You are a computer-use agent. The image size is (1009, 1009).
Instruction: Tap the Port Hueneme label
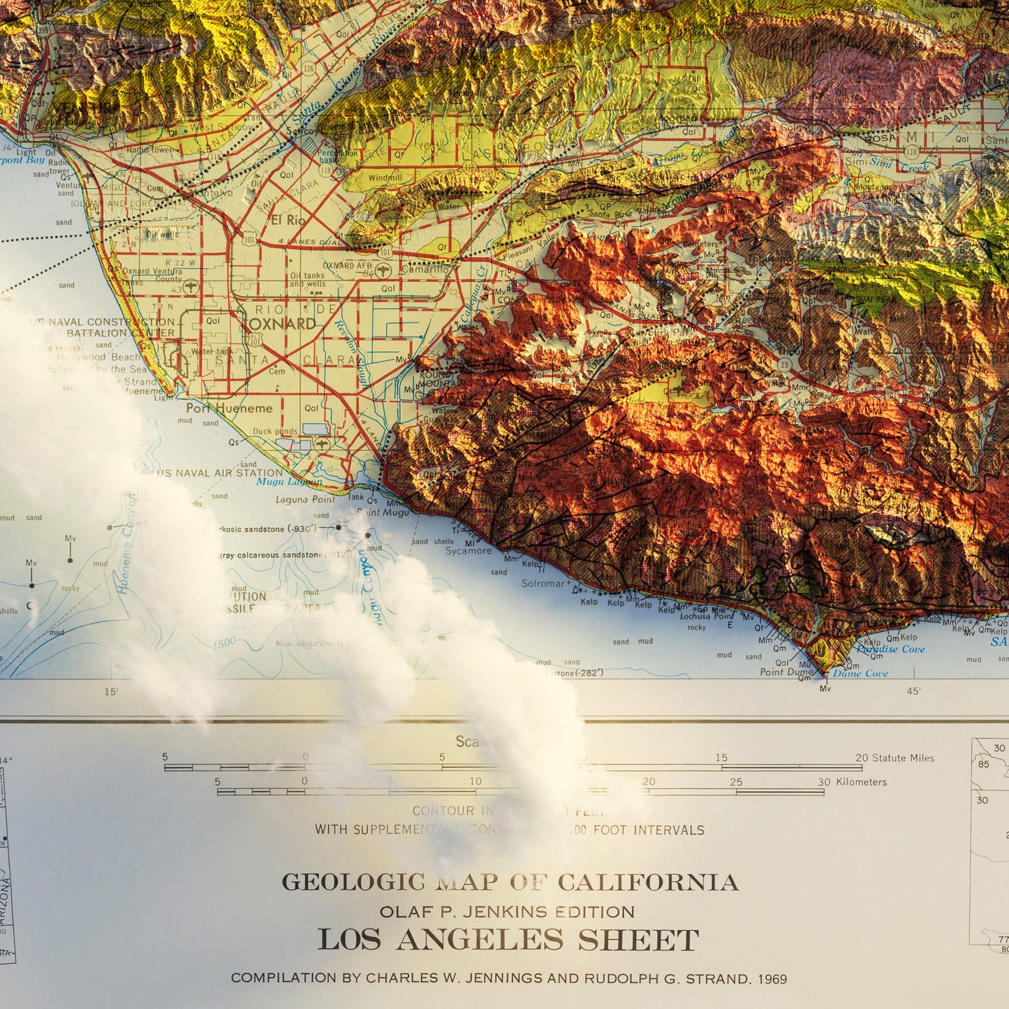point(229,408)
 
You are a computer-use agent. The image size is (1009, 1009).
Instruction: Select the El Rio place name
point(288,220)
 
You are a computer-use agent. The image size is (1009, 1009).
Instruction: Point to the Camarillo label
point(425,269)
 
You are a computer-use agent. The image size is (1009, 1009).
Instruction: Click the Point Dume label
point(786,672)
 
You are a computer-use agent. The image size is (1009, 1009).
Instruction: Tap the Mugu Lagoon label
point(289,482)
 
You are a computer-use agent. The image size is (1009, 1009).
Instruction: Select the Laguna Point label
point(305,499)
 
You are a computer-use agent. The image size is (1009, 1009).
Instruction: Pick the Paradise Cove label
point(890,649)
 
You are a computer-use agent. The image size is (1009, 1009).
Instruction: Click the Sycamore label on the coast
point(469,551)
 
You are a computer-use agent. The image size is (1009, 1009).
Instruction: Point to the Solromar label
point(543,583)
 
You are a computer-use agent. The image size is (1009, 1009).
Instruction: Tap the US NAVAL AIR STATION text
point(220,473)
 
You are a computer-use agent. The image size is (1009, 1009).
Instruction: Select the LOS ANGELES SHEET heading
point(508,941)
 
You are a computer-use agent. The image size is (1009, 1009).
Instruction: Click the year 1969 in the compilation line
point(771,979)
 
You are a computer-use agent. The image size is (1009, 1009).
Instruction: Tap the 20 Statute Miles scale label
point(894,758)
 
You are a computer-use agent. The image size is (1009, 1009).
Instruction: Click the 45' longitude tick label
point(913,691)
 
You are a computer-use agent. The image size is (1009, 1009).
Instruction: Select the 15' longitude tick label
point(111,692)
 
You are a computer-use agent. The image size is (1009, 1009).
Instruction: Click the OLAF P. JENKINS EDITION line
point(507,912)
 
